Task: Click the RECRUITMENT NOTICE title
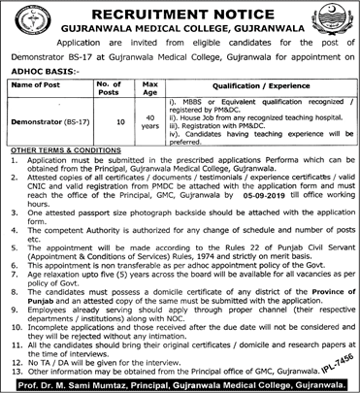click(x=180, y=12)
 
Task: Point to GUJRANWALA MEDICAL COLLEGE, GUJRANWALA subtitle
click(x=180, y=29)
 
